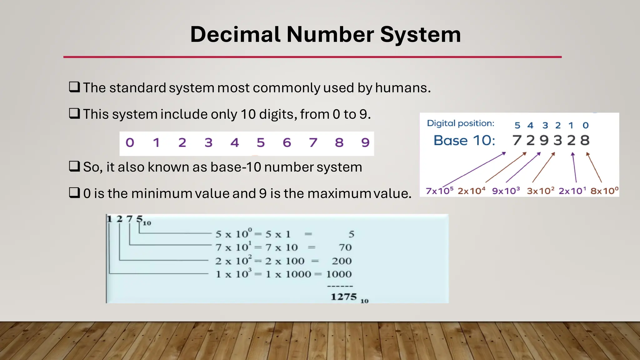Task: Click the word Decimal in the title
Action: coord(235,34)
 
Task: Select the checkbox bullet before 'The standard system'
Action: coord(74,87)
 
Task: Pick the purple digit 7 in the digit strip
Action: coord(313,143)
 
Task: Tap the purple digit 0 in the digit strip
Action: coord(130,143)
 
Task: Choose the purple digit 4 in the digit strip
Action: coord(234,143)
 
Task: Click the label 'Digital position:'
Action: coord(461,123)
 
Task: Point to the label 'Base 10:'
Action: coord(464,141)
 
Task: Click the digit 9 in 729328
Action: coord(544,140)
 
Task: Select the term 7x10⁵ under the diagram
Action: coord(439,191)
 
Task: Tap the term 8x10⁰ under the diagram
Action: coord(604,191)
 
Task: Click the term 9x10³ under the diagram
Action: coord(506,191)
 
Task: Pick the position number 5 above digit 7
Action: coord(517,125)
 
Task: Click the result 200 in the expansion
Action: coord(342,261)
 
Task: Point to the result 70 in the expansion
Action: coord(345,247)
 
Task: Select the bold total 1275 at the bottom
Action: coord(344,297)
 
